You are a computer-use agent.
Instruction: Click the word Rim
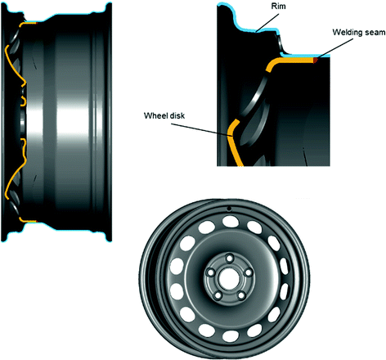coord(278,6)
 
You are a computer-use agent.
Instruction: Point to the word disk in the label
coord(177,115)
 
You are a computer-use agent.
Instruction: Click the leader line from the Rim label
coord(267,22)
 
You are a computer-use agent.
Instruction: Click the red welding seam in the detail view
coord(316,60)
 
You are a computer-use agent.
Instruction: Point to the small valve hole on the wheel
coord(229,209)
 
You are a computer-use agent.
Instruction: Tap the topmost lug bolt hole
coord(230,258)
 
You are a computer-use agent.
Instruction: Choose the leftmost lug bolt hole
coord(211,272)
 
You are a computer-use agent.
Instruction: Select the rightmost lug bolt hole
coord(248,272)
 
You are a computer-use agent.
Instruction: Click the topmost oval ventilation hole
coord(231,221)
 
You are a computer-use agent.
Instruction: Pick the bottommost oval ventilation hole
coord(231,335)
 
